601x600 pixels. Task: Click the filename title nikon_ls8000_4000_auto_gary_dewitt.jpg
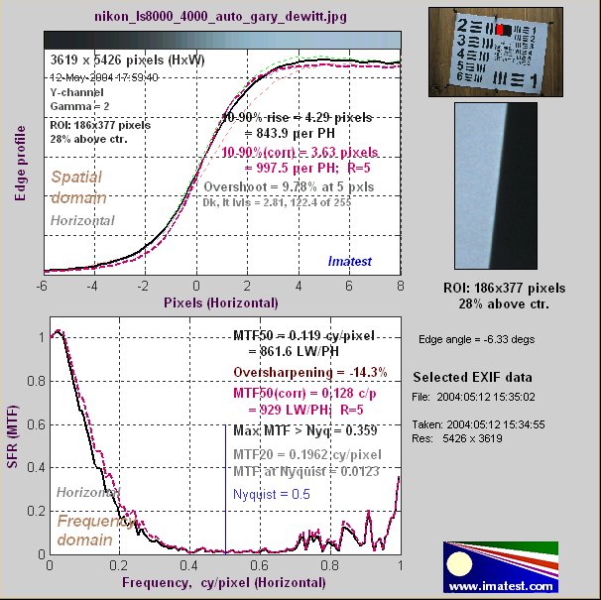(x=220, y=17)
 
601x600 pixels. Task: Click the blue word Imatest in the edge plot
(x=349, y=261)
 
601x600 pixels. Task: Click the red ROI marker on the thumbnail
(x=503, y=31)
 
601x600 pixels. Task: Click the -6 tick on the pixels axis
(x=44, y=285)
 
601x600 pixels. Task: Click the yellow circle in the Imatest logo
(x=460, y=566)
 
